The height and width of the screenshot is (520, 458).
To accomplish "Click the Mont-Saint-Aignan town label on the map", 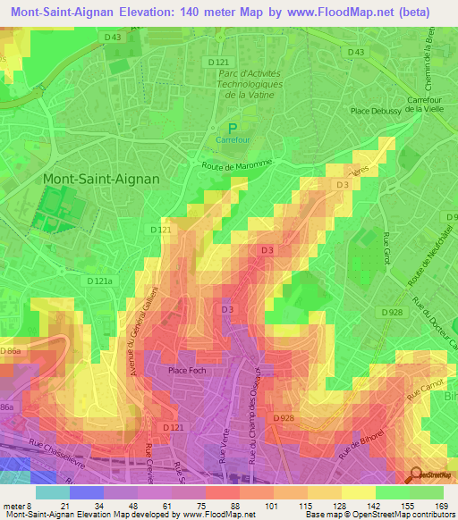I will click(101, 179).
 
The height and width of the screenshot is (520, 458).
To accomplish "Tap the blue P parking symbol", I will click(234, 129).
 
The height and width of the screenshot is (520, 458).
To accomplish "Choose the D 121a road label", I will click(101, 280).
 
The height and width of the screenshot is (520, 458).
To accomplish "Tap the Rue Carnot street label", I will click(425, 391).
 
